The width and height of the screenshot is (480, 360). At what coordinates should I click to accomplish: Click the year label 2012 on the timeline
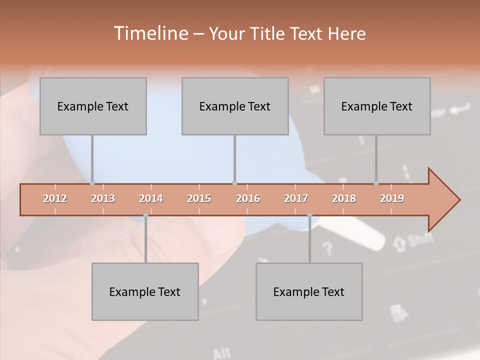point(55,198)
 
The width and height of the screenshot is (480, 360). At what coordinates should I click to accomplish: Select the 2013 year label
point(103,198)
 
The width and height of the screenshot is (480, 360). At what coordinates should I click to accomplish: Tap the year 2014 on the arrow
point(151,198)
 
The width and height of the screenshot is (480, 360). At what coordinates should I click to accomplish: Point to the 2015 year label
point(199,198)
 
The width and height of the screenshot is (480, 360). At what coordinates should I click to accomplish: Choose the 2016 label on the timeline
point(248,198)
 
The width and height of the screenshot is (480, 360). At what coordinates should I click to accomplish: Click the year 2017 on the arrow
point(296,198)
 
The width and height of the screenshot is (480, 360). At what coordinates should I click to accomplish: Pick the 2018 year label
point(344,198)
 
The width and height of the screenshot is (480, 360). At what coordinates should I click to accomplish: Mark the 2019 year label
point(392,198)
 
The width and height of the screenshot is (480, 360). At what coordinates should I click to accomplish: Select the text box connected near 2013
point(93,106)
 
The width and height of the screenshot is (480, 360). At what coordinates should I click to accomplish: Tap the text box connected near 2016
point(235,106)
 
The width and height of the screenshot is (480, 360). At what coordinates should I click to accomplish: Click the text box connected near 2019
point(377,106)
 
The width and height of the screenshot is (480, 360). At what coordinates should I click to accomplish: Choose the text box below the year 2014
point(145,292)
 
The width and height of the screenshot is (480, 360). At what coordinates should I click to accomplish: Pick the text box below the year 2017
point(309,292)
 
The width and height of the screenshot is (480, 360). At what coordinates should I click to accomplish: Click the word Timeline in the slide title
point(150,33)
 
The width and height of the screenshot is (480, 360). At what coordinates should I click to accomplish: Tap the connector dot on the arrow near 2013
point(92,183)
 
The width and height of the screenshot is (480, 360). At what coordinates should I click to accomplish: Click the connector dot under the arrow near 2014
point(145,215)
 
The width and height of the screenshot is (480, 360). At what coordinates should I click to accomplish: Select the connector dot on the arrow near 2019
point(376,183)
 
